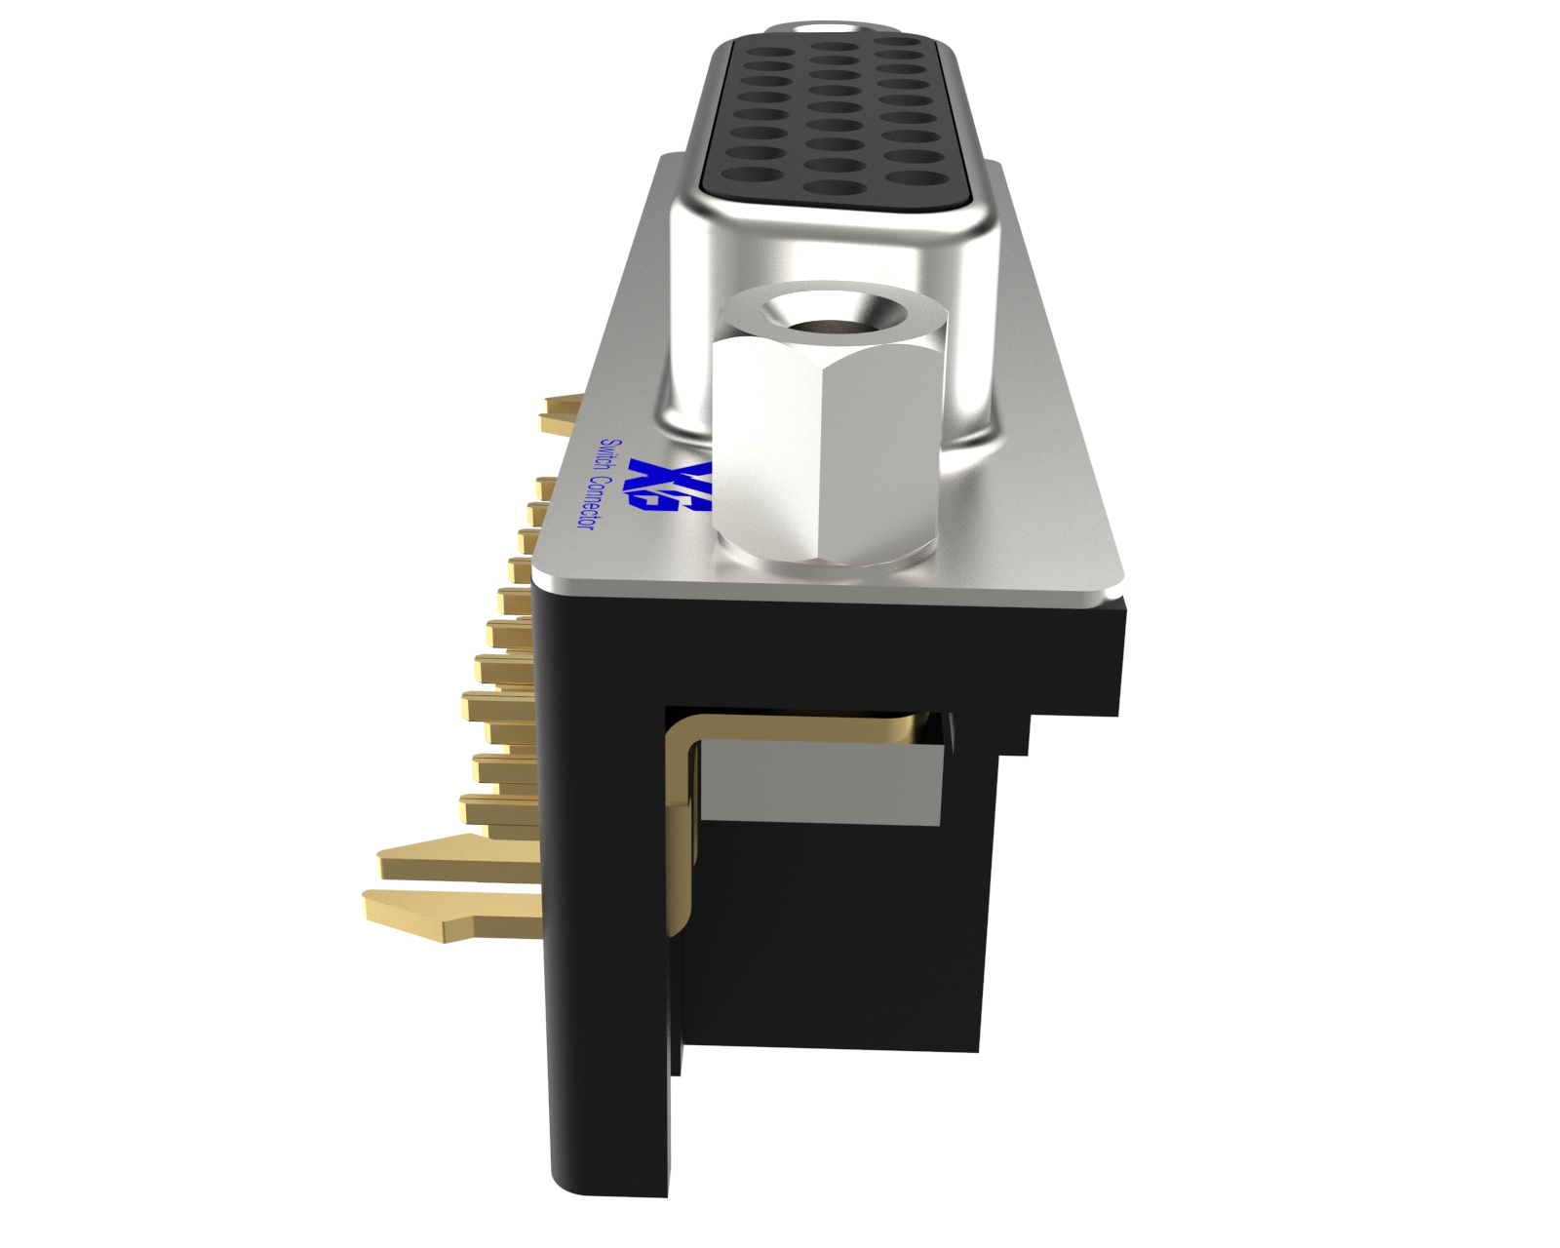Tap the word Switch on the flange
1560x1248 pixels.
click(610, 458)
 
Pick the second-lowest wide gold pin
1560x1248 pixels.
click(448, 860)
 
